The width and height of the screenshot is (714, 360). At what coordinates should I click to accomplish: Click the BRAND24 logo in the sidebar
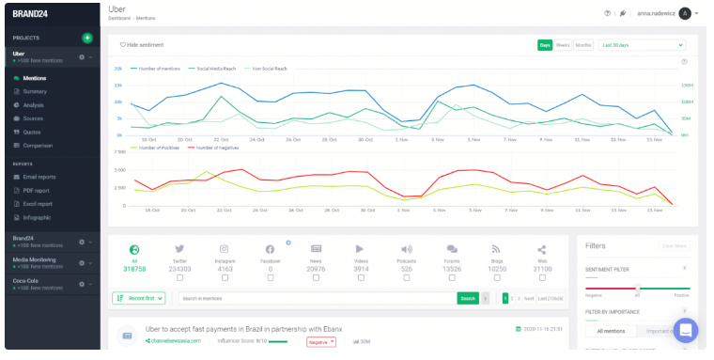tap(32, 14)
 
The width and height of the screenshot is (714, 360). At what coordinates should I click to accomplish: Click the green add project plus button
tap(87, 38)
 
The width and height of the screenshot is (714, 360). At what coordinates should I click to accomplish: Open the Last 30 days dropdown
tap(643, 44)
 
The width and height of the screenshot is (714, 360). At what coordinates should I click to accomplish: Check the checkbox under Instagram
tap(225, 277)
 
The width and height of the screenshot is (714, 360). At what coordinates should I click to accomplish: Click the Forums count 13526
tap(452, 268)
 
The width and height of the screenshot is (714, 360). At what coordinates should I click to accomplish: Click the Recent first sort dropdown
tap(139, 298)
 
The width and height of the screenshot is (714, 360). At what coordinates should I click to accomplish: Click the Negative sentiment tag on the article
tap(320, 341)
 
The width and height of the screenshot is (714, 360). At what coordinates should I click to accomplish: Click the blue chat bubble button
tap(686, 330)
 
